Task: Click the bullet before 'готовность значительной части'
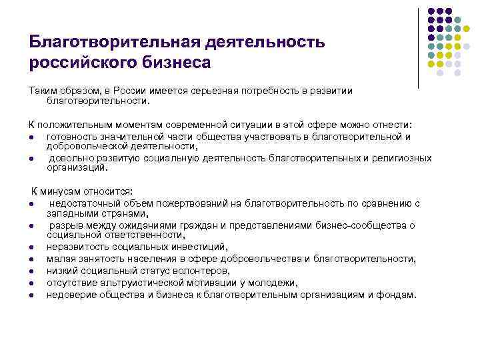pyautogui.click(x=32, y=137)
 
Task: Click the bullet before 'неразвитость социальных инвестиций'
pyautogui.click(x=32, y=247)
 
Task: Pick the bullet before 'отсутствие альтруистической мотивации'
pyautogui.click(x=32, y=281)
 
